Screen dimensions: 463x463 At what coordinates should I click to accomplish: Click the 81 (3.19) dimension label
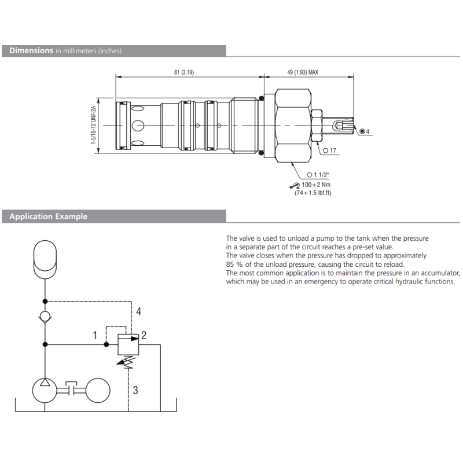click(184, 72)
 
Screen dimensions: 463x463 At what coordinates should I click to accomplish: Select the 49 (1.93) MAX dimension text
click(303, 72)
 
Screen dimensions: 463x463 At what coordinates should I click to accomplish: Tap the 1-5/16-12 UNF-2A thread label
click(94, 126)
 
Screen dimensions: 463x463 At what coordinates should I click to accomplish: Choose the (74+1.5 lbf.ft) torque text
click(313, 193)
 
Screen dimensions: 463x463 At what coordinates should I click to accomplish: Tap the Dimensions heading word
click(31, 50)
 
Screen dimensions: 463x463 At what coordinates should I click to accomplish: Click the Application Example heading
click(49, 216)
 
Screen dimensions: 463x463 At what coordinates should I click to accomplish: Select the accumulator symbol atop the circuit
click(45, 257)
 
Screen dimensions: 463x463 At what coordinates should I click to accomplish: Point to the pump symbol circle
click(45, 391)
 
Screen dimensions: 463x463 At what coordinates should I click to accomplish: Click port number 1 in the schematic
click(95, 335)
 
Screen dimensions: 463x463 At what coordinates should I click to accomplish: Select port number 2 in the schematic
click(144, 335)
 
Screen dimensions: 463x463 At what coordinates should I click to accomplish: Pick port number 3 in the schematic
click(135, 390)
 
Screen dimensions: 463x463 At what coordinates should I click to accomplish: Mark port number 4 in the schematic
click(138, 312)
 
